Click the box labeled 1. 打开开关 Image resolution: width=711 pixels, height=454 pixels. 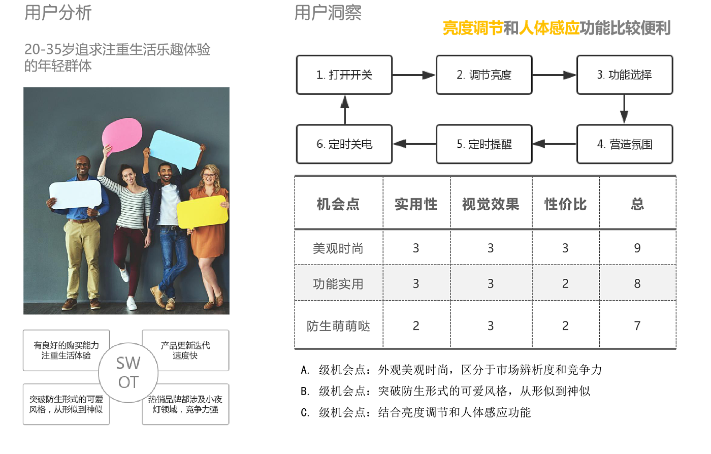344,75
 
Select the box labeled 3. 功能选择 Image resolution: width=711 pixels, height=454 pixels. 624,75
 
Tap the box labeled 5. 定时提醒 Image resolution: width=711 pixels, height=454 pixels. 484,144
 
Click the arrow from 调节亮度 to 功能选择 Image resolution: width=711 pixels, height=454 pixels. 554,75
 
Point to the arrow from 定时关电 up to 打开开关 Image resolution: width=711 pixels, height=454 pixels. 345,109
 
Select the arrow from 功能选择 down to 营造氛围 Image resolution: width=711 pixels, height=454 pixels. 624,110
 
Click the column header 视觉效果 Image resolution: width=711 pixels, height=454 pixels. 491,204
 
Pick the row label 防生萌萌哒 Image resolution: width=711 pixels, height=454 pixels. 338,326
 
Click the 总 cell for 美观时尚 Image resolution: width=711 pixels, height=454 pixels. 637,248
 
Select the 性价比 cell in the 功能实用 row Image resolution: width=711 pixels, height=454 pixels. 565,284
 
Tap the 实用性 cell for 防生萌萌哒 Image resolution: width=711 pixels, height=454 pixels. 416,326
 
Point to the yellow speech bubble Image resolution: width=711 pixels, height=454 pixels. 202,212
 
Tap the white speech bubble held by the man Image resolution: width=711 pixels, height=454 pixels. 75,194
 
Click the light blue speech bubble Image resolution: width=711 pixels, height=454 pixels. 175,148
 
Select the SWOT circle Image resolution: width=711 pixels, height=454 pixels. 128,373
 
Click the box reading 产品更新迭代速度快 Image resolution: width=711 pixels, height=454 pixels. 185,350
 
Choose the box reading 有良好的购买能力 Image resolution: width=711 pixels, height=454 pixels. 67,350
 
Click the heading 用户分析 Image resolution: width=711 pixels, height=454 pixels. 58,13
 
